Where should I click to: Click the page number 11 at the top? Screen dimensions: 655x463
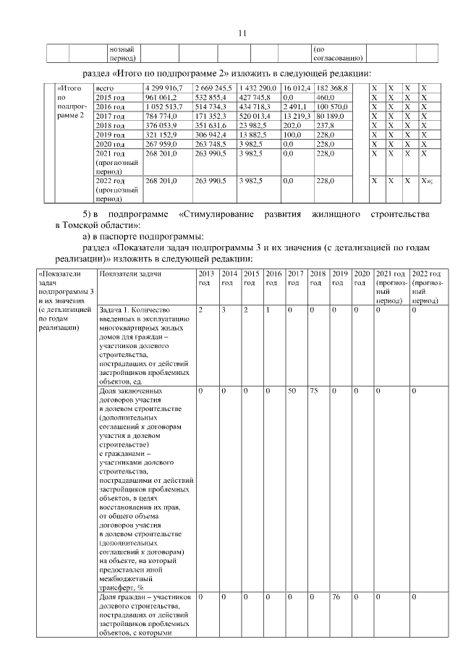pos(242,32)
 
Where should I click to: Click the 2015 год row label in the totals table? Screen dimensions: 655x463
pos(111,97)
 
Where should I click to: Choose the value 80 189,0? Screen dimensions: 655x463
pos(332,116)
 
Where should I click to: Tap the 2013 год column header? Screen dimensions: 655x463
pos(207,278)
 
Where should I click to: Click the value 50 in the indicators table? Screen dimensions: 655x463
pos(292,391)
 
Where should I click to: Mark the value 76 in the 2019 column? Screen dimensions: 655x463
pos(336,597)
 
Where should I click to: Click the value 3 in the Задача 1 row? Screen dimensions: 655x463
pos(225,310)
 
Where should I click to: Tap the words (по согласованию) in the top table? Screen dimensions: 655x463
pos(338,53)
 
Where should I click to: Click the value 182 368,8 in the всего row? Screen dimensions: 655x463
pos(332,88)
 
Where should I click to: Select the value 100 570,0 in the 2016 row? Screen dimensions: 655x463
pos(332,106)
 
